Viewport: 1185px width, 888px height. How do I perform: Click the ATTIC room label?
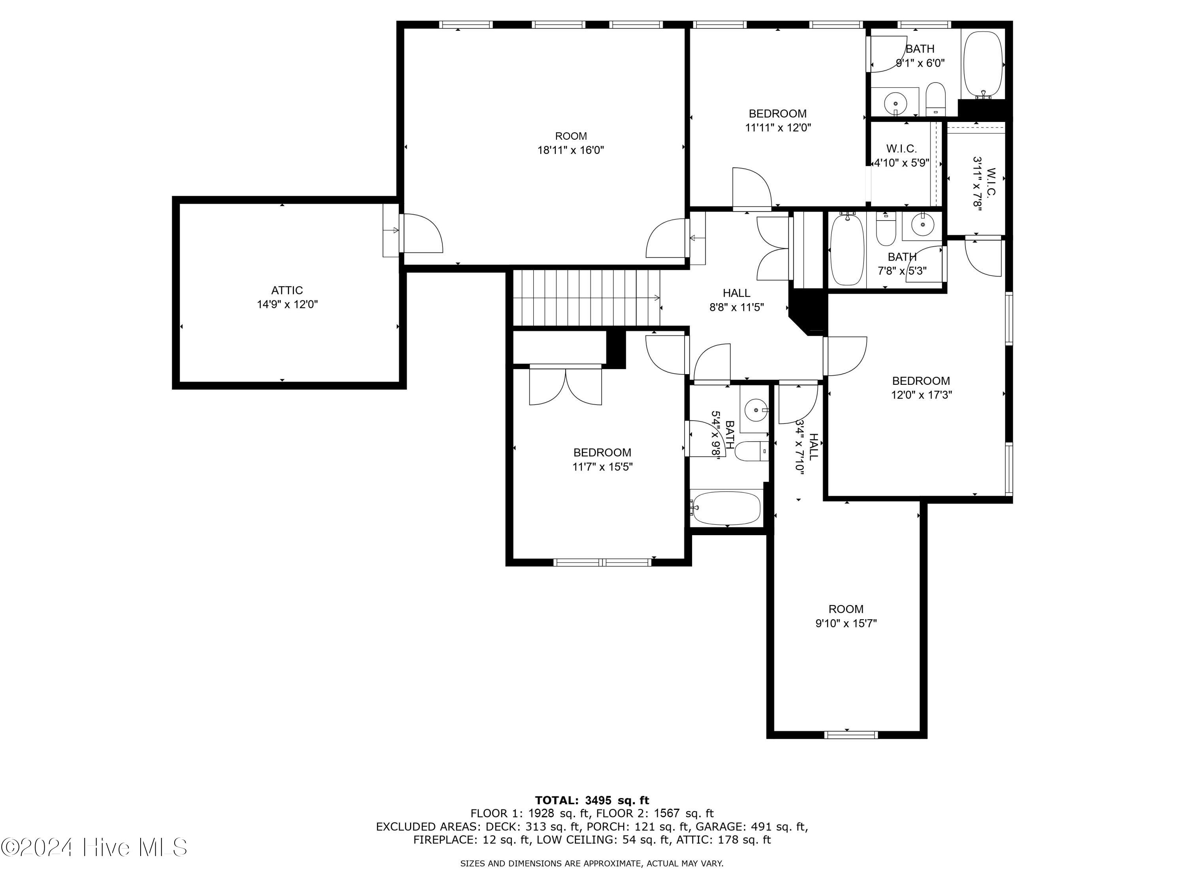pyautogui.click(x=287, y=290)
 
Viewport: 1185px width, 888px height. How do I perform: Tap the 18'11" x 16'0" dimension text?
pyautogui.click(x=570, y=150)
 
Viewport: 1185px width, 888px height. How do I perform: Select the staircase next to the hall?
pyautogui.click(x=587, y=297)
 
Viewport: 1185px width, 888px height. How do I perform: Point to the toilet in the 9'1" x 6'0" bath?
pyautogui.click(x=935, y=99)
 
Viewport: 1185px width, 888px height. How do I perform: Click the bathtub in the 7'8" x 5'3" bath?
pyautogui.click(x=847, y=249)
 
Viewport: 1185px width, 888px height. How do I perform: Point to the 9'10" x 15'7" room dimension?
pyautogui.click(x=846, y=624)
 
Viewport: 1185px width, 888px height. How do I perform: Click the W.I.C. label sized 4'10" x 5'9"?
pyautogui.click(x=902, y=148)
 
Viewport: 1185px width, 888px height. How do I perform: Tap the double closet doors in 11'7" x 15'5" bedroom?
pyautogui.click(x=566, y=386)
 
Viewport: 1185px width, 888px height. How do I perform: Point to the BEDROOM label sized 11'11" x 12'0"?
pyautogui.click(x=777, y=114)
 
